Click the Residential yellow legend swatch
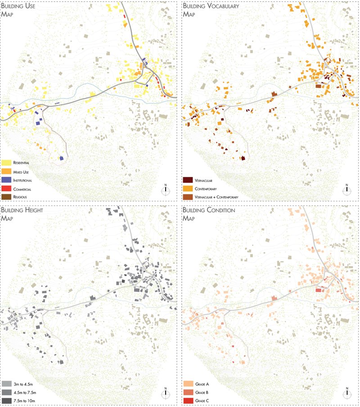[7, 163]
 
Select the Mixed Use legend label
[21, 172]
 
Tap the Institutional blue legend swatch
[7, 181]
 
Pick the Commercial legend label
[22, 190]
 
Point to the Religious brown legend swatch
[7, 197]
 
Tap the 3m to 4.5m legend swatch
[7, 384]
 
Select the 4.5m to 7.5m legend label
[24, 392]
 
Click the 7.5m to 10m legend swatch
[7, 400]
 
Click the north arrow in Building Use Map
[166, 189]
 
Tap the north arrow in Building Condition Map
[347, 393]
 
